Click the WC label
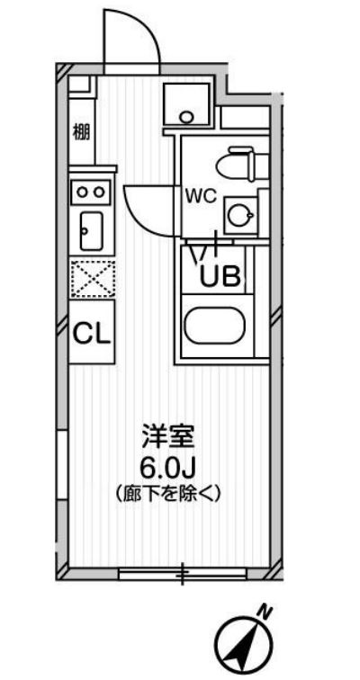pos(200,197)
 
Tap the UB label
pos(220,276)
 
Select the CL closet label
pos(92,335)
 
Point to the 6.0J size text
pos(168,468)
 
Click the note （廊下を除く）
pos(168,493)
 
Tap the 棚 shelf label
pos(80,131)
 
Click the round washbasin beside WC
pos(239,214)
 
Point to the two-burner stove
pos(91,190)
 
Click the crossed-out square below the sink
pos(91,278)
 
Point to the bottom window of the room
pos(180,572)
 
